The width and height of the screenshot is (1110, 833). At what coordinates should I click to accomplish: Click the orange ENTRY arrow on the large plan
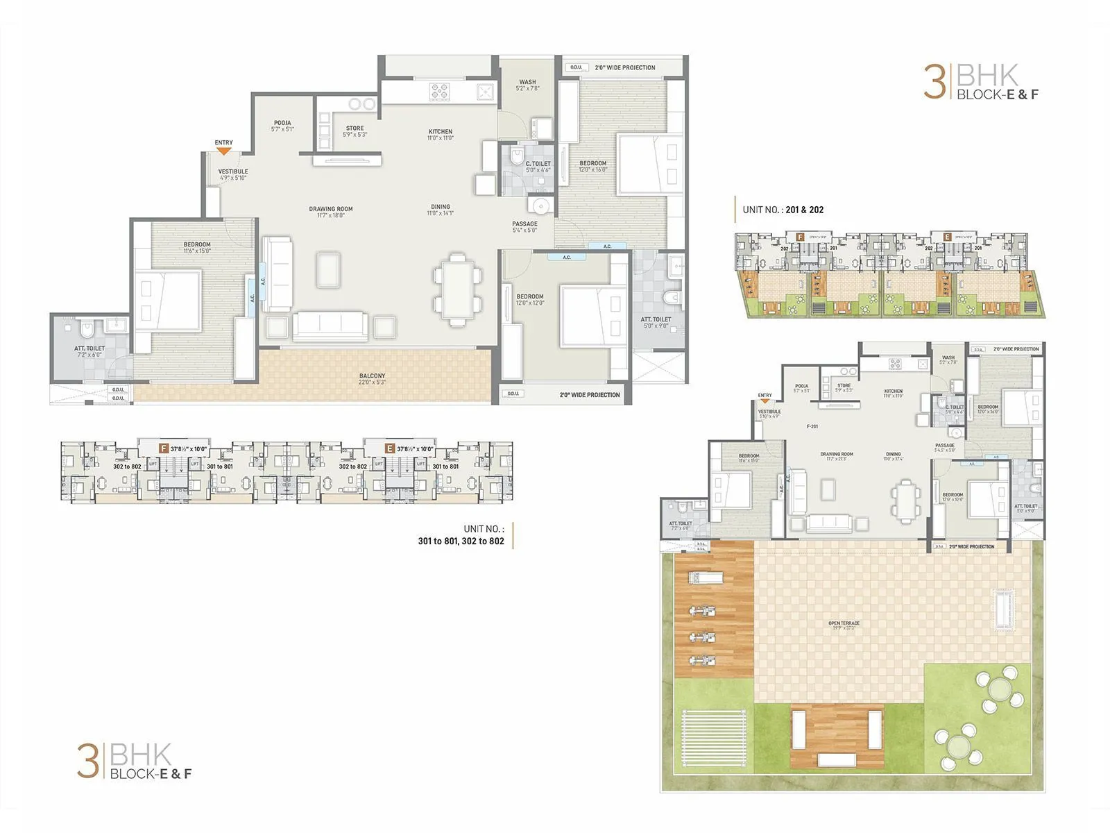223,150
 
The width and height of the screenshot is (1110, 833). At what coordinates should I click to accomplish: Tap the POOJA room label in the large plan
282,126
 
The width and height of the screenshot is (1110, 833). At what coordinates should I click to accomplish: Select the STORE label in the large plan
355,131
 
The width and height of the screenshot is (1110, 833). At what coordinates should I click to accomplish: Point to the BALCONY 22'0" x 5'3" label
373,378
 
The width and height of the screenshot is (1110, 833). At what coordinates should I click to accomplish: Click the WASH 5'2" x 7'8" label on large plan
527,85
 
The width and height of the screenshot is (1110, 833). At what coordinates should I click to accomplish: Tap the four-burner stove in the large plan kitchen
440,91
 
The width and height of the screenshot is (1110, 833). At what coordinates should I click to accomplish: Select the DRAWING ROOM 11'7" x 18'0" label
331,212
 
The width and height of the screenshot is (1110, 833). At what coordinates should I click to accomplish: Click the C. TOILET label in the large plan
538,167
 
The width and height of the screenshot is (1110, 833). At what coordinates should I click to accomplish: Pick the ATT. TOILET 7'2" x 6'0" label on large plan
89,351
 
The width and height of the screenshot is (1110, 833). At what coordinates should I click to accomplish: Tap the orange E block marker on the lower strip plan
390,448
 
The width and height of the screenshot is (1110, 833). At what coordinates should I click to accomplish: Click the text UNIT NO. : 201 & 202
783,210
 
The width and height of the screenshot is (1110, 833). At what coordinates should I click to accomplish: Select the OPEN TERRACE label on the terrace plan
844,625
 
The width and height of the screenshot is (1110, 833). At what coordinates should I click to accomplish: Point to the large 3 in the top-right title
934,83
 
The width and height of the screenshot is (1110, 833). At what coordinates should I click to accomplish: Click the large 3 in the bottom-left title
87,761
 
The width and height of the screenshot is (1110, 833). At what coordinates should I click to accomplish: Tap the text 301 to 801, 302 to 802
461,541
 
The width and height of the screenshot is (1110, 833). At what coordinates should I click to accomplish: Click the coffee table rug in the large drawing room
328,270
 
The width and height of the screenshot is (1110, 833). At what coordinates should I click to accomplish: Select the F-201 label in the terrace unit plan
812,426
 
